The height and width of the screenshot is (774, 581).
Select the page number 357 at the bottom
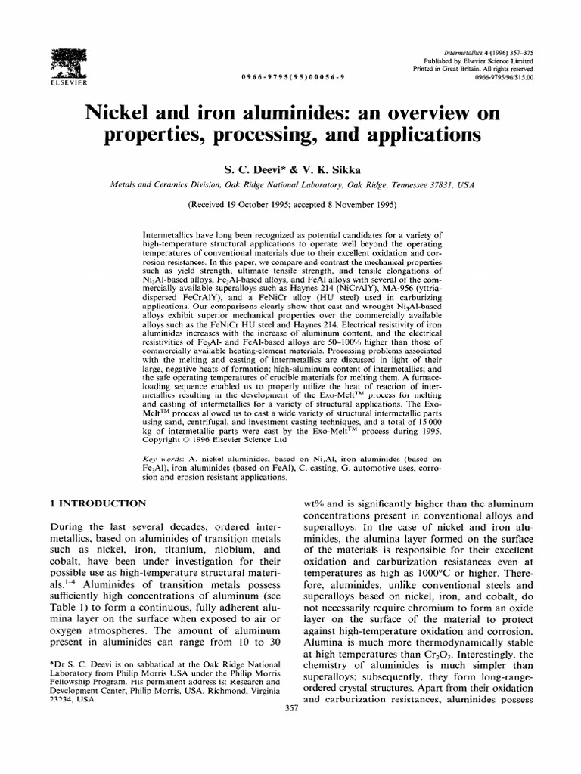(291, 708)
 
